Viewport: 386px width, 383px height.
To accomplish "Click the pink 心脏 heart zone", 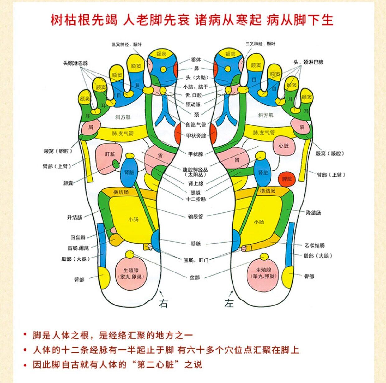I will [284, 146].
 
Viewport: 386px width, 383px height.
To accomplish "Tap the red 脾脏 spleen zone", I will [287, 179].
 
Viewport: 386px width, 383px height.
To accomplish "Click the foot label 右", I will [163, 303].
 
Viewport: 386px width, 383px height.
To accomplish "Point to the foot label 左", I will [229, 303].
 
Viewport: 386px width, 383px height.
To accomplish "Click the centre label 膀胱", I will [196, 244].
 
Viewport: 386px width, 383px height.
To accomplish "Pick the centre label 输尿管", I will [195, 216].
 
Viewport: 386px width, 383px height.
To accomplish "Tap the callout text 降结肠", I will [313, 213].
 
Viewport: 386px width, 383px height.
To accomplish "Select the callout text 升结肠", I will [75, 217].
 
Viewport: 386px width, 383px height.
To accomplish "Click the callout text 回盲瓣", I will [78, 238].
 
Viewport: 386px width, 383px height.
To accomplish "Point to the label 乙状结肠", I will [315, 245].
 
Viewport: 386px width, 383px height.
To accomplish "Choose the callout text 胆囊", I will [68, 183].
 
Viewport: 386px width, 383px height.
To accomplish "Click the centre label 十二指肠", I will [196, 199].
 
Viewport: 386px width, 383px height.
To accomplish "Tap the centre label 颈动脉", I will [193, 105].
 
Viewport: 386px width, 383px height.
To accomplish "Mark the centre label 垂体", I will [196, 60].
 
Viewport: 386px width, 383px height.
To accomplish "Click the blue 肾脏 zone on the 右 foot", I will [129, 172].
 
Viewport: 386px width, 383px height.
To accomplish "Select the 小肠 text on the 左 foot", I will [259, 222].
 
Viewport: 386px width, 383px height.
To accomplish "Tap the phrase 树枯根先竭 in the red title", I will [84, 20].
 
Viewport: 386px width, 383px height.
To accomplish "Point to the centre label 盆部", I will [195, 277].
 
